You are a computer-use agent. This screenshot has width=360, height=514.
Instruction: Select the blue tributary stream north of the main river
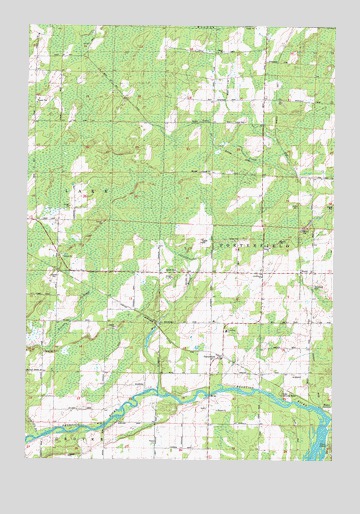click(x=150, y=345)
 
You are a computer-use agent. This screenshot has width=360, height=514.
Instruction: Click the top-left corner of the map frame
click(x=26, y=26)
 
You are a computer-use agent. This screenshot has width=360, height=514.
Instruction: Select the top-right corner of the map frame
click(x=335, y=26)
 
